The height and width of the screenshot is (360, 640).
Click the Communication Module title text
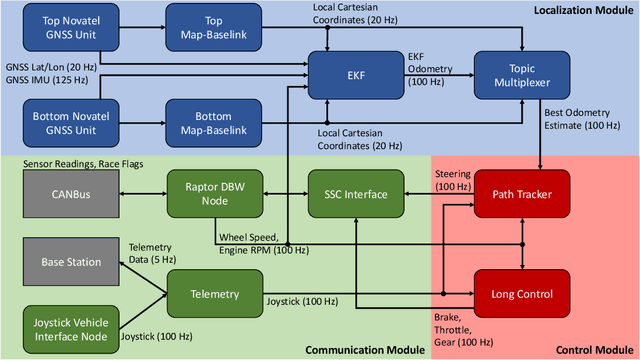click(355, 351)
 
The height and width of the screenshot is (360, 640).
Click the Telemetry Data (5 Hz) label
click(150, 251)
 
